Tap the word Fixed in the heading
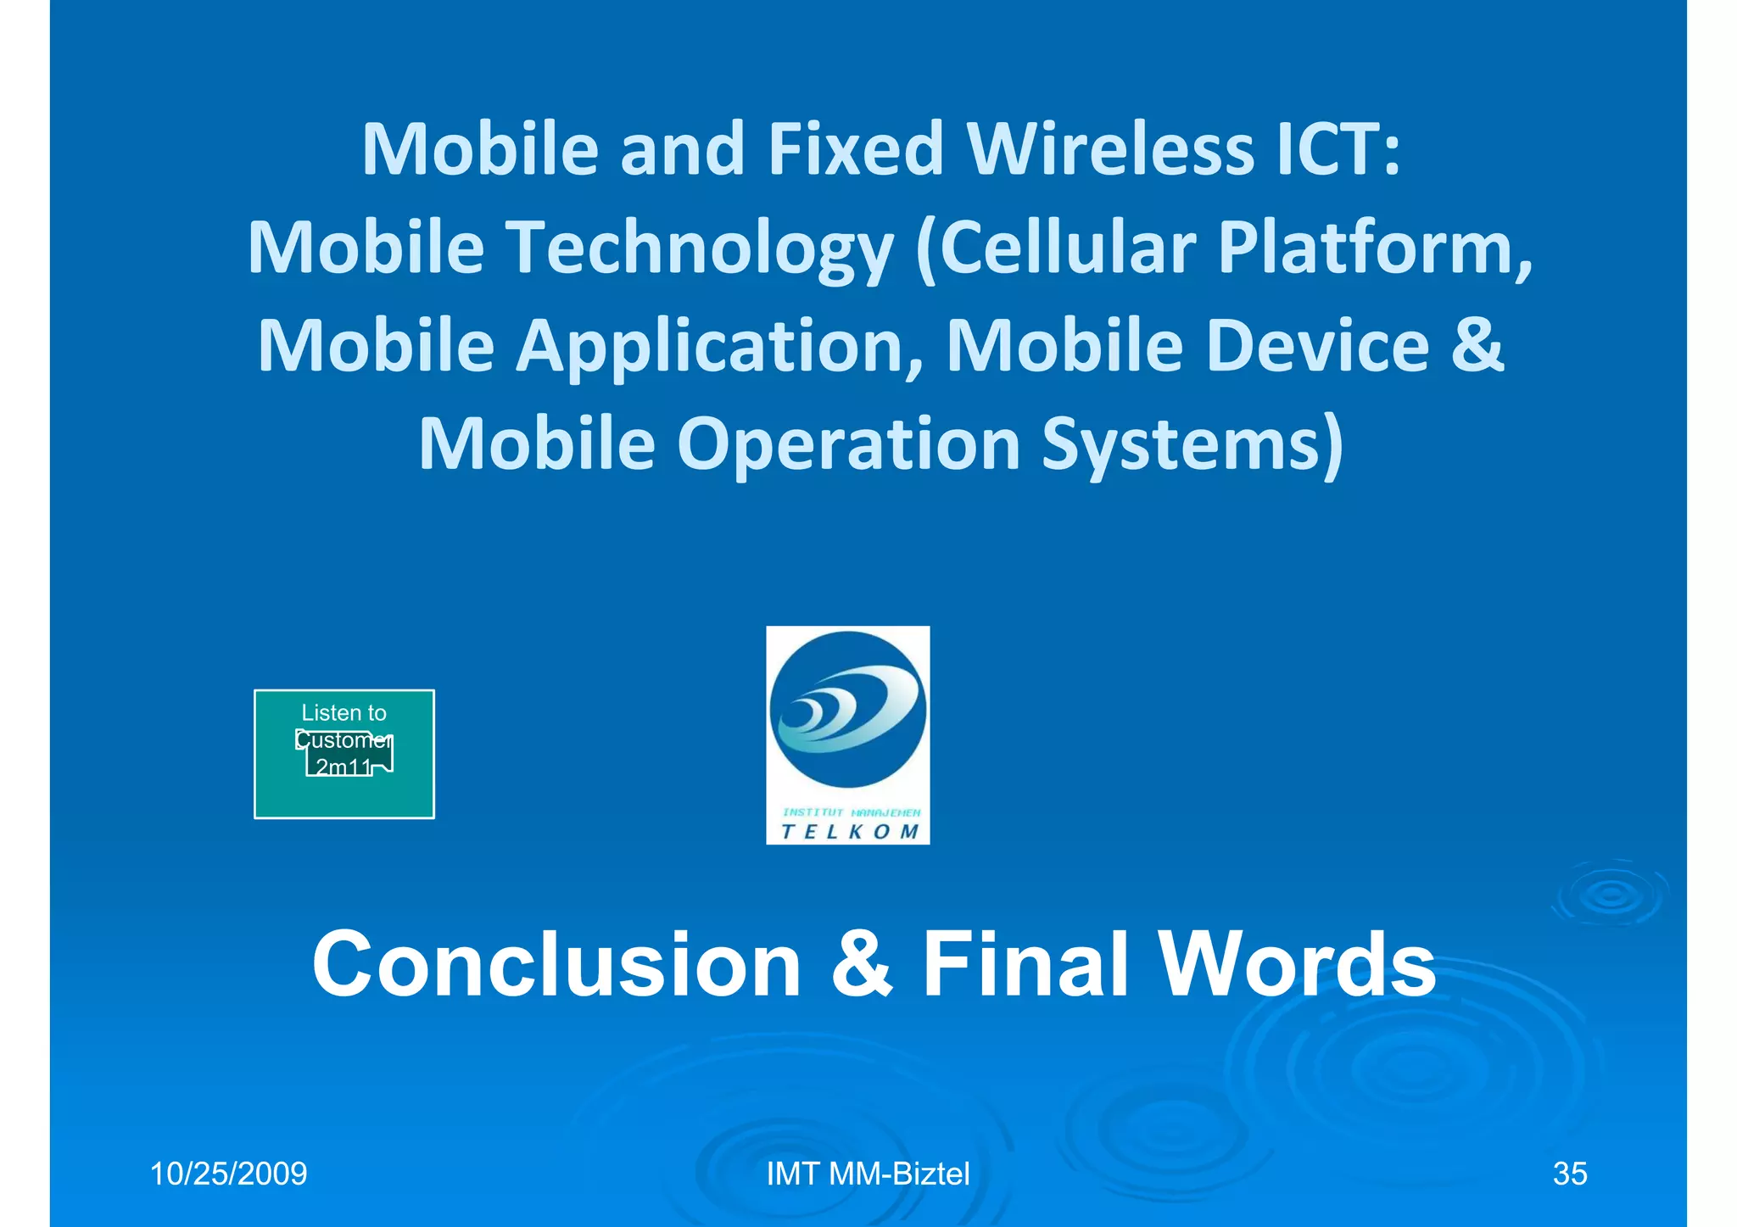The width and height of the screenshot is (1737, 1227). click(x=855, y=149)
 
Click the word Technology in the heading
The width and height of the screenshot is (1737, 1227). click(x=700, y=248)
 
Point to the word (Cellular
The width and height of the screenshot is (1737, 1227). click(x=1055, y=248)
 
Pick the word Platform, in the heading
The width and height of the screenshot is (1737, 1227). click(x=1375, y=248)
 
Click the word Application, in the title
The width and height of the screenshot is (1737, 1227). click(x=720, y=346)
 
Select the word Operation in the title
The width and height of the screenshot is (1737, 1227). click(x=848, y=445)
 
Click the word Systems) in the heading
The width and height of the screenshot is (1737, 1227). click(x=1192, y=445)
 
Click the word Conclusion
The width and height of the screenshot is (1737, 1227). click(x=556, y=964)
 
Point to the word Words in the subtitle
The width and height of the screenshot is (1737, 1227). click(x=1297, y=964)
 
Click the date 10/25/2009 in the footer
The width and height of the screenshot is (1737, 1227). click(x=228, y=1174)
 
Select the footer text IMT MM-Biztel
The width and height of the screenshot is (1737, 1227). click(x=868, y=1174)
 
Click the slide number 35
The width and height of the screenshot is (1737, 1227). click(x=1569, y=1174)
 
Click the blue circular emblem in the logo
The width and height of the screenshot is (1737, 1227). click(x=847, y=709)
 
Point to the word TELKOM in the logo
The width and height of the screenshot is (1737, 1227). click(x=849, y=832)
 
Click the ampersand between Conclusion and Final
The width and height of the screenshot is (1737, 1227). click(x=862, y=964)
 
